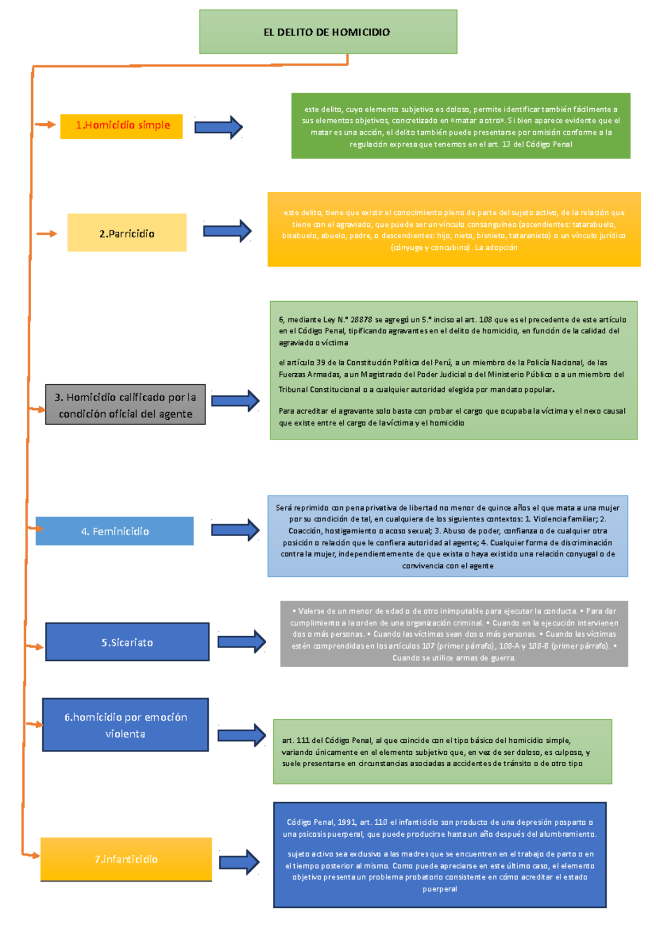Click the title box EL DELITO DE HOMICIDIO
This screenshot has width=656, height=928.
328,32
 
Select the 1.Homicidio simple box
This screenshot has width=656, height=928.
121,126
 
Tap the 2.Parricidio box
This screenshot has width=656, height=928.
127,233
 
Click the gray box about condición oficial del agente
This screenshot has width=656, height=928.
125,405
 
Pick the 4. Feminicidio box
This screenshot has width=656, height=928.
115,531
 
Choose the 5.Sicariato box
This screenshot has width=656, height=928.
127,642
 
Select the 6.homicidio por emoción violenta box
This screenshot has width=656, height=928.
125,725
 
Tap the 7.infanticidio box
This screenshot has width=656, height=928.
126,859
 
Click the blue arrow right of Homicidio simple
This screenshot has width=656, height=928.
219,127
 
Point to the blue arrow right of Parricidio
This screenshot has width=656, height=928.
227,231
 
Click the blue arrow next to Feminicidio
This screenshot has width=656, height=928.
235,530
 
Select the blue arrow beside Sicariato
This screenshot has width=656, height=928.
242,642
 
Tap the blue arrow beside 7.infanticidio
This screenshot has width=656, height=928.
239,862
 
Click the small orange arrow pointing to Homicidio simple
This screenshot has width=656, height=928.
45,125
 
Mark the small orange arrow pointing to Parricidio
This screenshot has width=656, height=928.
46,234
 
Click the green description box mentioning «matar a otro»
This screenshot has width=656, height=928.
460,126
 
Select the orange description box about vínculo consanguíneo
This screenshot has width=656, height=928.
454,230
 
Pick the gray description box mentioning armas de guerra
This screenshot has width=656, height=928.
454,634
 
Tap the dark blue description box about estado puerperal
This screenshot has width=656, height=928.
440,855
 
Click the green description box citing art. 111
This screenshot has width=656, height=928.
442,752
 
